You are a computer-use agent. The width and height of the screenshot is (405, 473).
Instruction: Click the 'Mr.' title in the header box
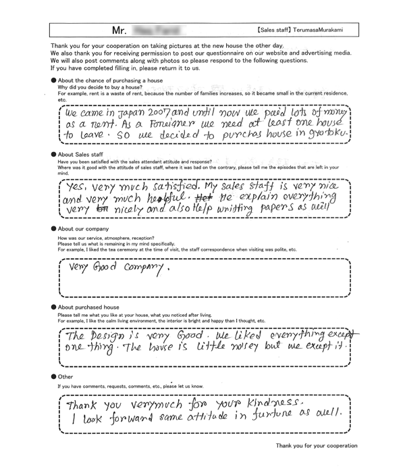(121, 30)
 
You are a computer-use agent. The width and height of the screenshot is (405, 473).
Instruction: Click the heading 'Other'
(65, 377)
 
